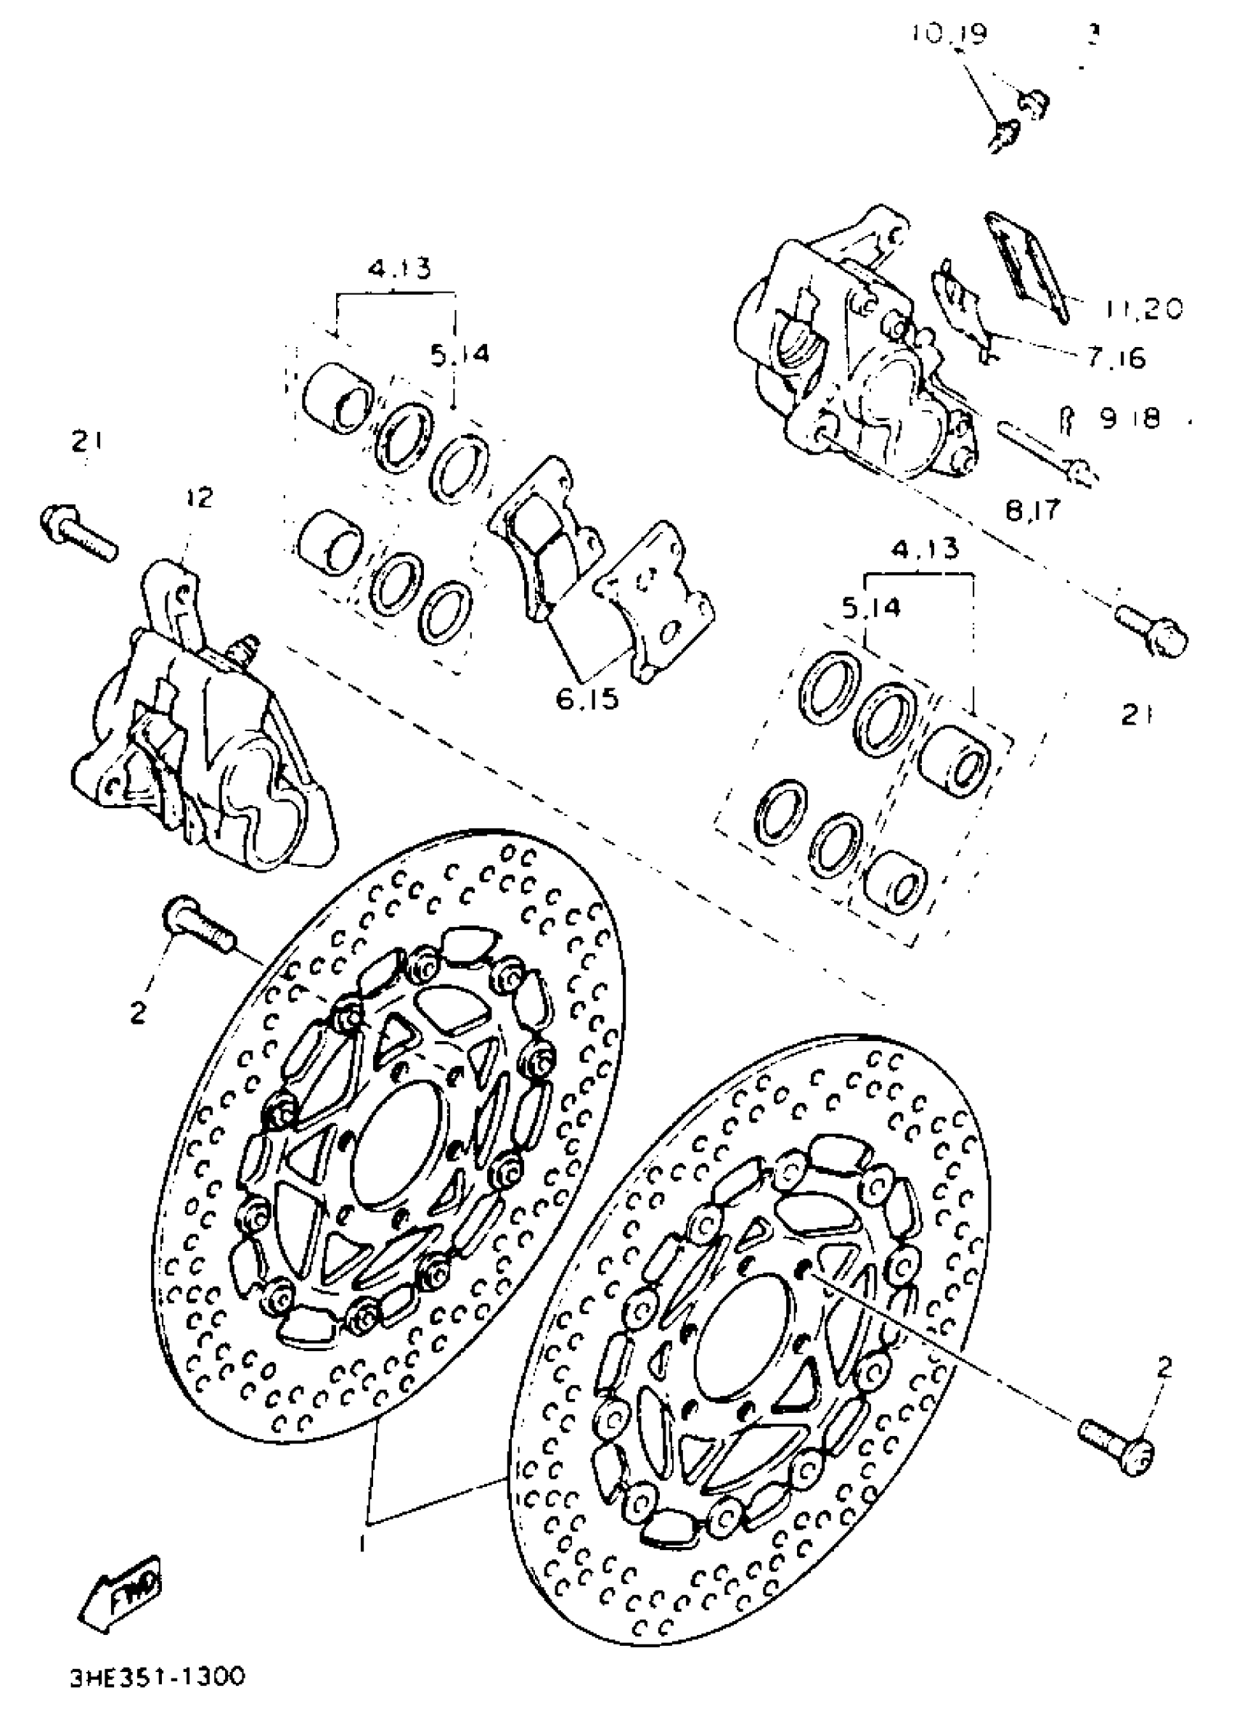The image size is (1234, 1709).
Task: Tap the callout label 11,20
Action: tap(1144, 309)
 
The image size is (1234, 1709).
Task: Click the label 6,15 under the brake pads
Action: tap(589, 699)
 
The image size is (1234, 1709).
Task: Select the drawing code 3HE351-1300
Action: tap(158, 1677)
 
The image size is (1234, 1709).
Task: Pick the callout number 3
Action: tap(1093, 35)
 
